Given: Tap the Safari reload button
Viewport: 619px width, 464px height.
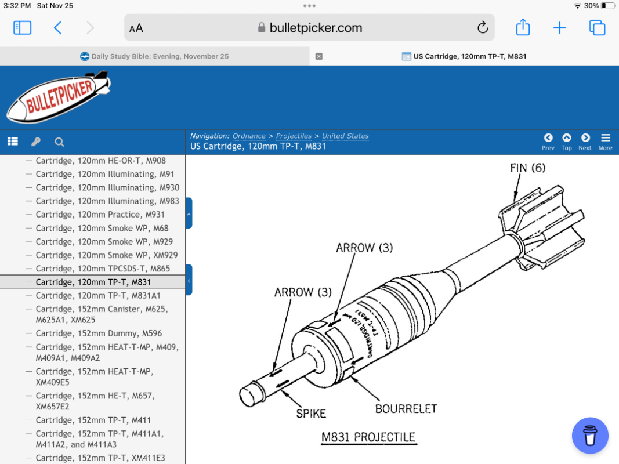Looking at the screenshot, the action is click(483, 28).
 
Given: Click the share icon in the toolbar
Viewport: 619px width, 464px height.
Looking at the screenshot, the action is click(523, 27).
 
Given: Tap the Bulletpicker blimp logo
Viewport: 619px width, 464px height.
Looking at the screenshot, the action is click(59, 97).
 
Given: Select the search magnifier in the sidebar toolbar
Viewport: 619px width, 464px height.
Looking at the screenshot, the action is click(59, 142).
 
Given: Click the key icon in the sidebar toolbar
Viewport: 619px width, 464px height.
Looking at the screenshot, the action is click(36, 142).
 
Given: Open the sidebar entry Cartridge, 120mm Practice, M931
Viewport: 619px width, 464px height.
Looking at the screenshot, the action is click(100, 214).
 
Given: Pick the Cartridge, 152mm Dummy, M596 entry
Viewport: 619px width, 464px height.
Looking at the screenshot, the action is click(99, 333).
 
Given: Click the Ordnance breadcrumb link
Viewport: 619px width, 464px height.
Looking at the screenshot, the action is click(249, 136).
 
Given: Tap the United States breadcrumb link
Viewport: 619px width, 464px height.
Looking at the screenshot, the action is click(345, 136).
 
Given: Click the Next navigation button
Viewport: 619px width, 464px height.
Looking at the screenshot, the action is click(585, 142).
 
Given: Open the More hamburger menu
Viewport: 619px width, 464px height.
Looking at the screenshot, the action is click(605, 142).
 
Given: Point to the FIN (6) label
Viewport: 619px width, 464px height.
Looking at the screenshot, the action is click(527, 168).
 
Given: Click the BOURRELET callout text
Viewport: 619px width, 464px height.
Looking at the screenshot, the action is click(406, 409).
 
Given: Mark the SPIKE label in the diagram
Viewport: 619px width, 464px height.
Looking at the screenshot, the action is click(311, 414).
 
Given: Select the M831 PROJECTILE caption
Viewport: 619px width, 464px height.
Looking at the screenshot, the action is click(368, 437).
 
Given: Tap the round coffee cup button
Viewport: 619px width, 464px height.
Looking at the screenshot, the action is click(590, 435).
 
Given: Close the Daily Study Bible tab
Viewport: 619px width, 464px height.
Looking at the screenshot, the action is click(319, 56).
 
